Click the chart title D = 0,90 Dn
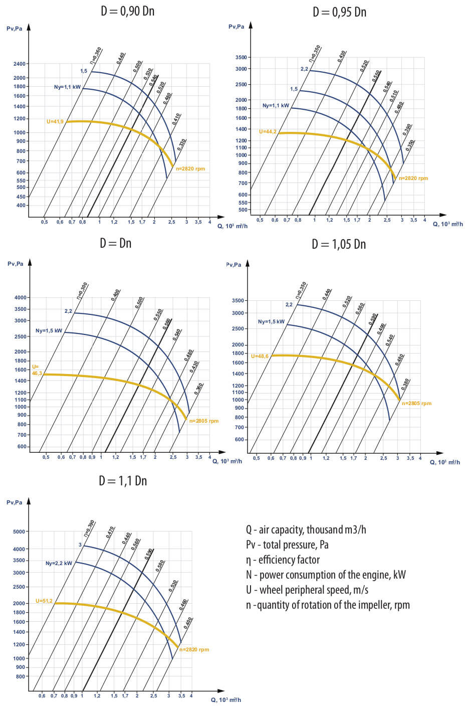127,11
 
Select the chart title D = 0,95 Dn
339,12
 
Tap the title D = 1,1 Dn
123,481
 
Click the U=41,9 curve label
55,122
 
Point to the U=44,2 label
268,132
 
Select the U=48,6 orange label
260,356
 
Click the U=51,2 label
44,601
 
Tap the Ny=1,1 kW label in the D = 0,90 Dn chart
67,87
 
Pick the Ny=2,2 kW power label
59,563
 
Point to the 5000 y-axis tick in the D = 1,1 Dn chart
19,531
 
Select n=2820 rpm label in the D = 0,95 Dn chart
413,179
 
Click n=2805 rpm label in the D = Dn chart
204,421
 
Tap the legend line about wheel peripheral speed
307,590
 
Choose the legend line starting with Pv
287,545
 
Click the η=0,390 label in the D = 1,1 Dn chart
89,528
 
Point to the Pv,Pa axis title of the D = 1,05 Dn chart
234,265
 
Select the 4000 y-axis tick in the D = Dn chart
21,298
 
